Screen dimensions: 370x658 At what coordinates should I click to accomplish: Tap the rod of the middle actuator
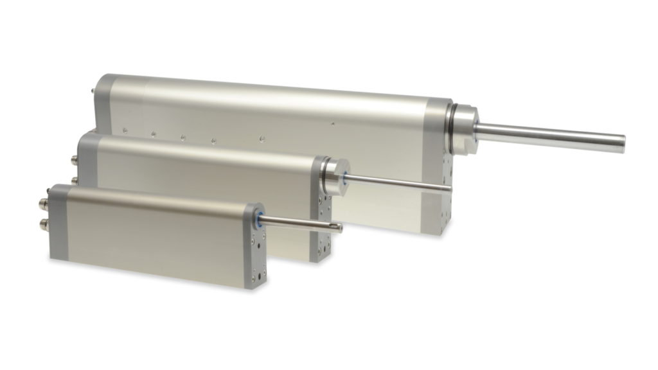coord(398,181)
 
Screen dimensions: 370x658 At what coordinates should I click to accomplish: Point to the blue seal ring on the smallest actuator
coord(259,218)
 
